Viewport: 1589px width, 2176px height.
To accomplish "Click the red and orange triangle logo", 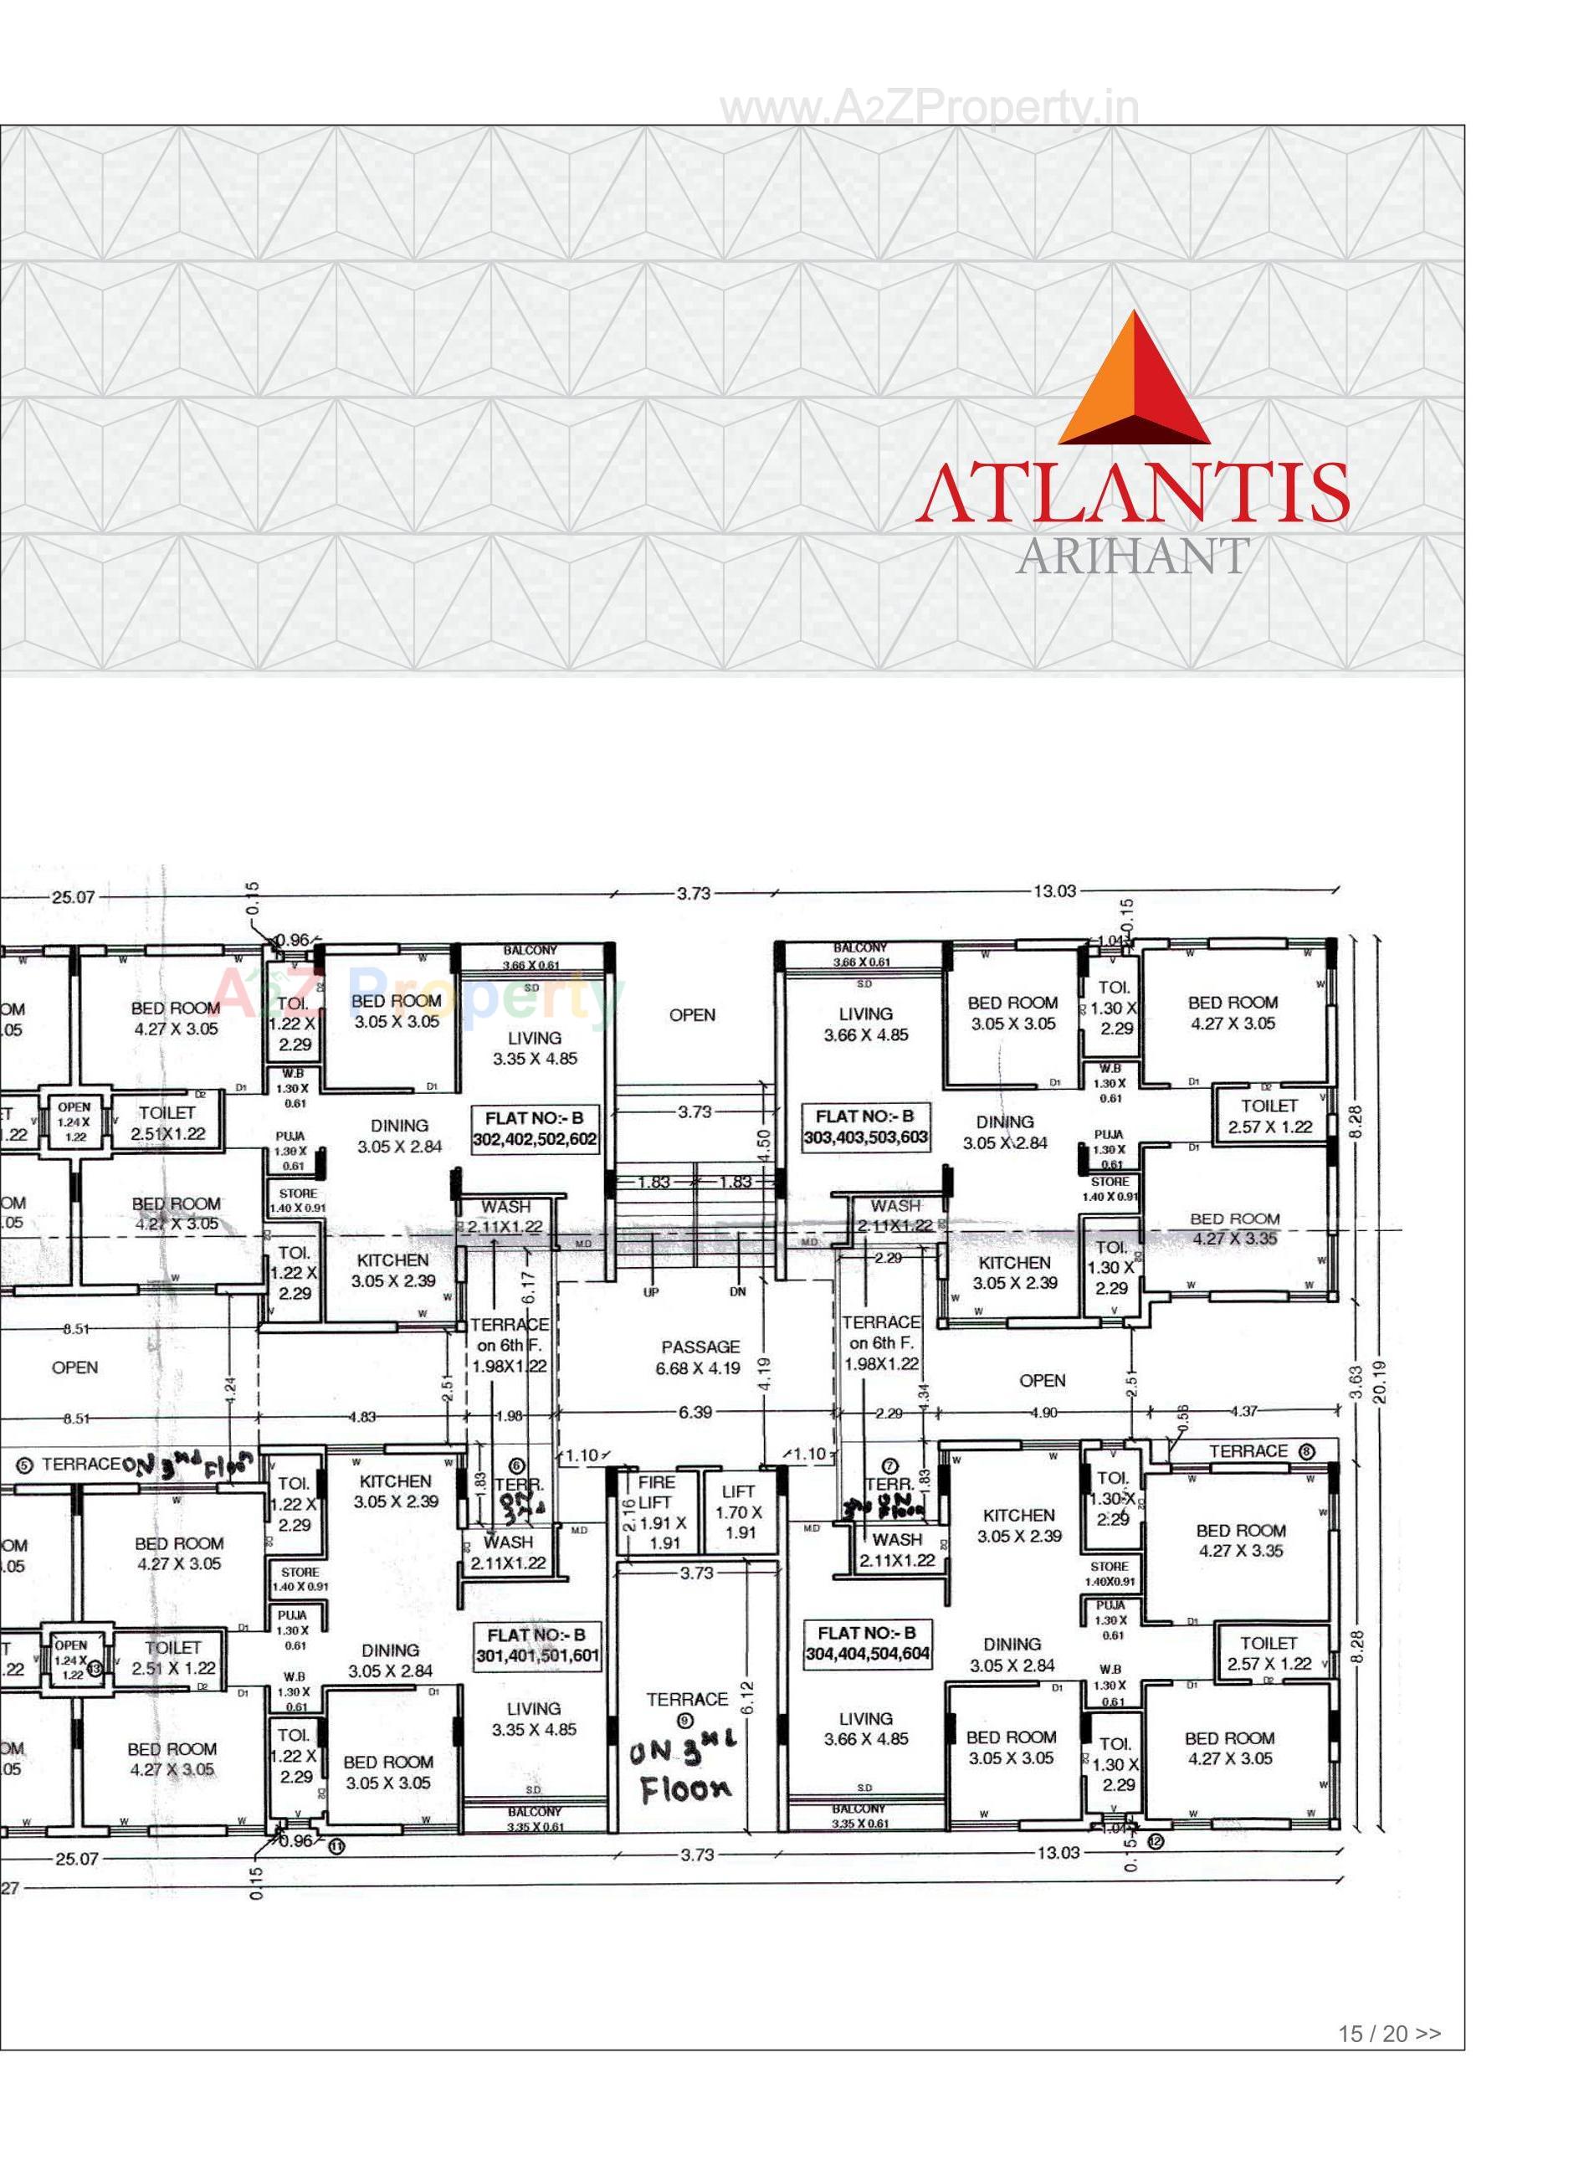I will click(1134, 381).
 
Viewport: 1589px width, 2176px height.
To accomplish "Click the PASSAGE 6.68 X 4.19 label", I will click(700, 1357).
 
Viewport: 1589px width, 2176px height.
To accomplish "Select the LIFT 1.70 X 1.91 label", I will click(739, 1511).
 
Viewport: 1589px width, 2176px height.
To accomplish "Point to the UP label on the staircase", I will click(651, 1292).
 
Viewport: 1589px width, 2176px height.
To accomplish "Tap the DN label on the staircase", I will click(738, 1292).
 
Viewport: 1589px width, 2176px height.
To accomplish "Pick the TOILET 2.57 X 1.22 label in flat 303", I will click(1269, 1116).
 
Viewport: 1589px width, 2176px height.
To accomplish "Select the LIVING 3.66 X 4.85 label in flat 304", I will click(866, 1729).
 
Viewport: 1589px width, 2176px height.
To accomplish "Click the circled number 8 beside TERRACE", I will click(1307, 1451).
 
